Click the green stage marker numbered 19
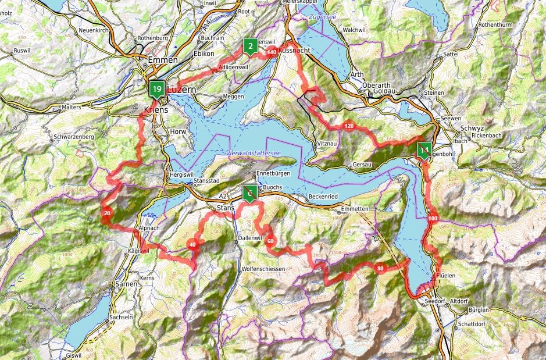156,89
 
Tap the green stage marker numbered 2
250,46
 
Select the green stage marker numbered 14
424,151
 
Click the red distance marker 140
272,53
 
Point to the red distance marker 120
349,126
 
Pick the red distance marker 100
432,219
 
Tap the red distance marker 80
380,269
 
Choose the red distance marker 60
270,240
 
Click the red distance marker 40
192,245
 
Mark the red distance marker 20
107,214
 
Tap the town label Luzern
183,91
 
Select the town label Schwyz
471,128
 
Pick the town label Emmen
159,59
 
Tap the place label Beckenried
324,197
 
